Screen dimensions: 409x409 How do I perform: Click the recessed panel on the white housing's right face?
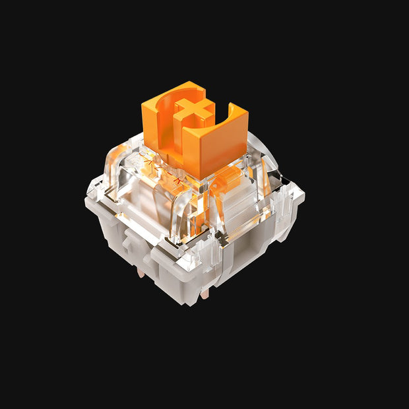(x=251, y=254)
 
